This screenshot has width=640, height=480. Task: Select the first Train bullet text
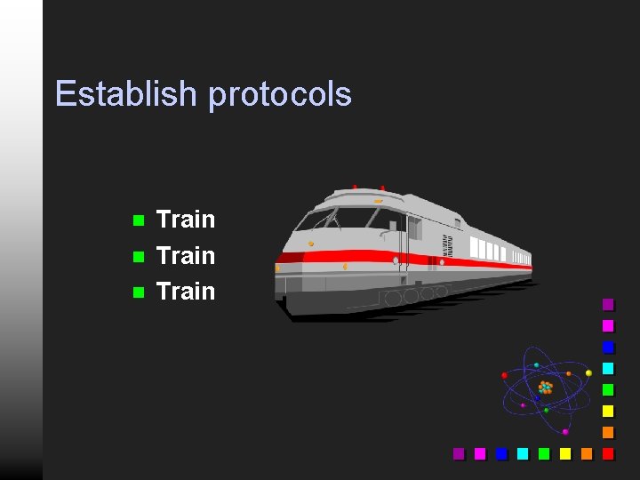pyautogui.click(x=185, y=220)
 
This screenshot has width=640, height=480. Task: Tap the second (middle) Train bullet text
pyautogui.click(x=185, y=256)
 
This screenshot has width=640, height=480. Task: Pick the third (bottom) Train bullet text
pyautogui.click(x=185, y=292)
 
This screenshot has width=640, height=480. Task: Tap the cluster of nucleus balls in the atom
pyautogui.click(x=545, y=388)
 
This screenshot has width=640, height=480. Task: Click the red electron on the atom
pyautogui.click(x=505, y=375)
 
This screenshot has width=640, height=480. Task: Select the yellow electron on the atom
pyautogui.click(x=588, y=372)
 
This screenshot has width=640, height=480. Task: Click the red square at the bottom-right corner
pyautogui.click(x=608, y=453)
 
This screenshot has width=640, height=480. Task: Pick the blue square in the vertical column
pyautogui.click(x=608, y=347)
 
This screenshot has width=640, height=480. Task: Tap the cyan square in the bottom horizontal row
pyautogui.click(x=523, y=453)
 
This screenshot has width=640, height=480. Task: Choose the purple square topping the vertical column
pyautogui.click(x=608, y=304)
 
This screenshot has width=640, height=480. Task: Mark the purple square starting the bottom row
pyautogui.click(x=459, y=453)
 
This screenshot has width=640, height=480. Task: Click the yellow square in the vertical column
pyautogui.click(x=608, y=411)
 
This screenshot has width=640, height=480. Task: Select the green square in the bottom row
pyautogui.click(x=544, y=453)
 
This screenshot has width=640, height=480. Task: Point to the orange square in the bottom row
pyautogui.click(x=587, y=453)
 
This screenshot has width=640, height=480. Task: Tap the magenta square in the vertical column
pyautogui.click(x=608, y=325)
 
